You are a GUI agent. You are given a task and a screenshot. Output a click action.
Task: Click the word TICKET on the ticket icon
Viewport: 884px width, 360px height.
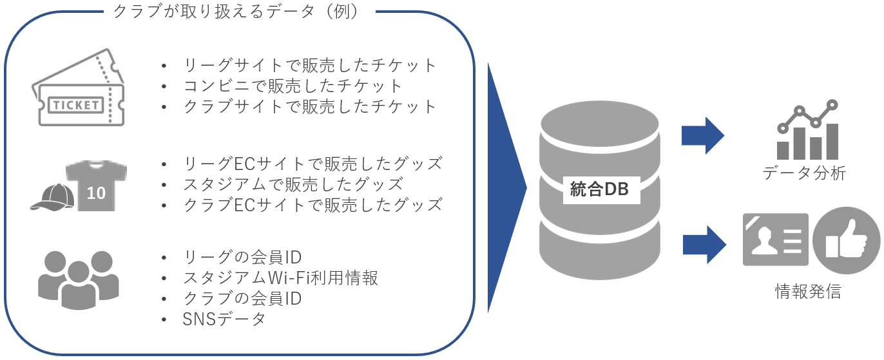pyautogui.click(x=76, y=105)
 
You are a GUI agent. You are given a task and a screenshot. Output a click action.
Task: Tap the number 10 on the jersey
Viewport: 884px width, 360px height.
pyautogui.click(x=96, y=193)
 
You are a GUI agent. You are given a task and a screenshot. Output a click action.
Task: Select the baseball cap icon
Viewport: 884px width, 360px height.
pyautogui.click(x=53, y=197)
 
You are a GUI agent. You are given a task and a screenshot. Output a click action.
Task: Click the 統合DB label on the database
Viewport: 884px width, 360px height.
pyautogui.click(x=599, y=189)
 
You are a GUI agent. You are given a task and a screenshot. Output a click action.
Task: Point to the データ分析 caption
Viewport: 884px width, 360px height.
pyautogui.click(x=805, y=173)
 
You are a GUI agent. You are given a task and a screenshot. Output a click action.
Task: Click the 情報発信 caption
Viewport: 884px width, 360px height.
pyautogui.click(x=808, y=291)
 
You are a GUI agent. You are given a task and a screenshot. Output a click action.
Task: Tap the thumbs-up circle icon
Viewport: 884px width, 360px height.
pyautogui.click(x=846, y=240)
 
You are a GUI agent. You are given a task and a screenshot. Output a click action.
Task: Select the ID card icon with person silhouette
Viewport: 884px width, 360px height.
pyautogui.click(x=776, y=240)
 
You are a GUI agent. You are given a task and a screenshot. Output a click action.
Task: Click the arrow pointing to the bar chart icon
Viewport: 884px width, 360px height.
pyautogui.click(x=703, y=136)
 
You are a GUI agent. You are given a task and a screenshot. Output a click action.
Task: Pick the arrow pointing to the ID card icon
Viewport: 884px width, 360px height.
pyautogui.click(x=704, y=245)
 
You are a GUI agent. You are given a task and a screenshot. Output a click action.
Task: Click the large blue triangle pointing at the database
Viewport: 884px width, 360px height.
pyautogui.click(x=505, y=188)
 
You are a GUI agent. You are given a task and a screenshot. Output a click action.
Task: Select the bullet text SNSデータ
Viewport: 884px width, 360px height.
pyautogui.click(x=224, y=319)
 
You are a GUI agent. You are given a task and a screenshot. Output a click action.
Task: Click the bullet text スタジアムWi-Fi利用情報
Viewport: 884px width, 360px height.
pyautogui.click(x=280, y=278)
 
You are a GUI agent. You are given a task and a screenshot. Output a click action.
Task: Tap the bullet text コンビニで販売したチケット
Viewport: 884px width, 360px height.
pyautogui.click(x=293, y=86)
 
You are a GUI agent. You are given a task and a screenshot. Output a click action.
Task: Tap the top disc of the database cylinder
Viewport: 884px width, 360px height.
pyautogui.click(x=599, y=124)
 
